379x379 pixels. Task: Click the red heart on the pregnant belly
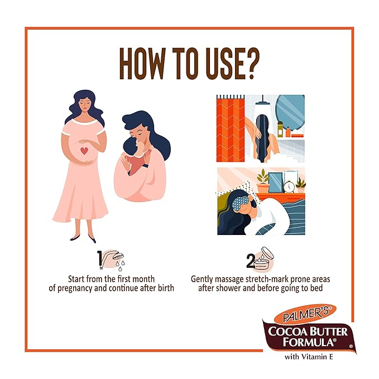(84, 151)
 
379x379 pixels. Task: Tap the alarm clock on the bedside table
(289, 186)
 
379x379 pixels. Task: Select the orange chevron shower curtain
(231, 128)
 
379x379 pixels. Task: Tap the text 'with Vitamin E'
(309, 357)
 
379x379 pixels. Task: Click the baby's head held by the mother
(131, 146)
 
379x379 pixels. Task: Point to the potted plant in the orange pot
(263, 181)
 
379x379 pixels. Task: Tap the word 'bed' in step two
(316, 288)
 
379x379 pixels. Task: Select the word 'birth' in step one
(166, 288)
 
